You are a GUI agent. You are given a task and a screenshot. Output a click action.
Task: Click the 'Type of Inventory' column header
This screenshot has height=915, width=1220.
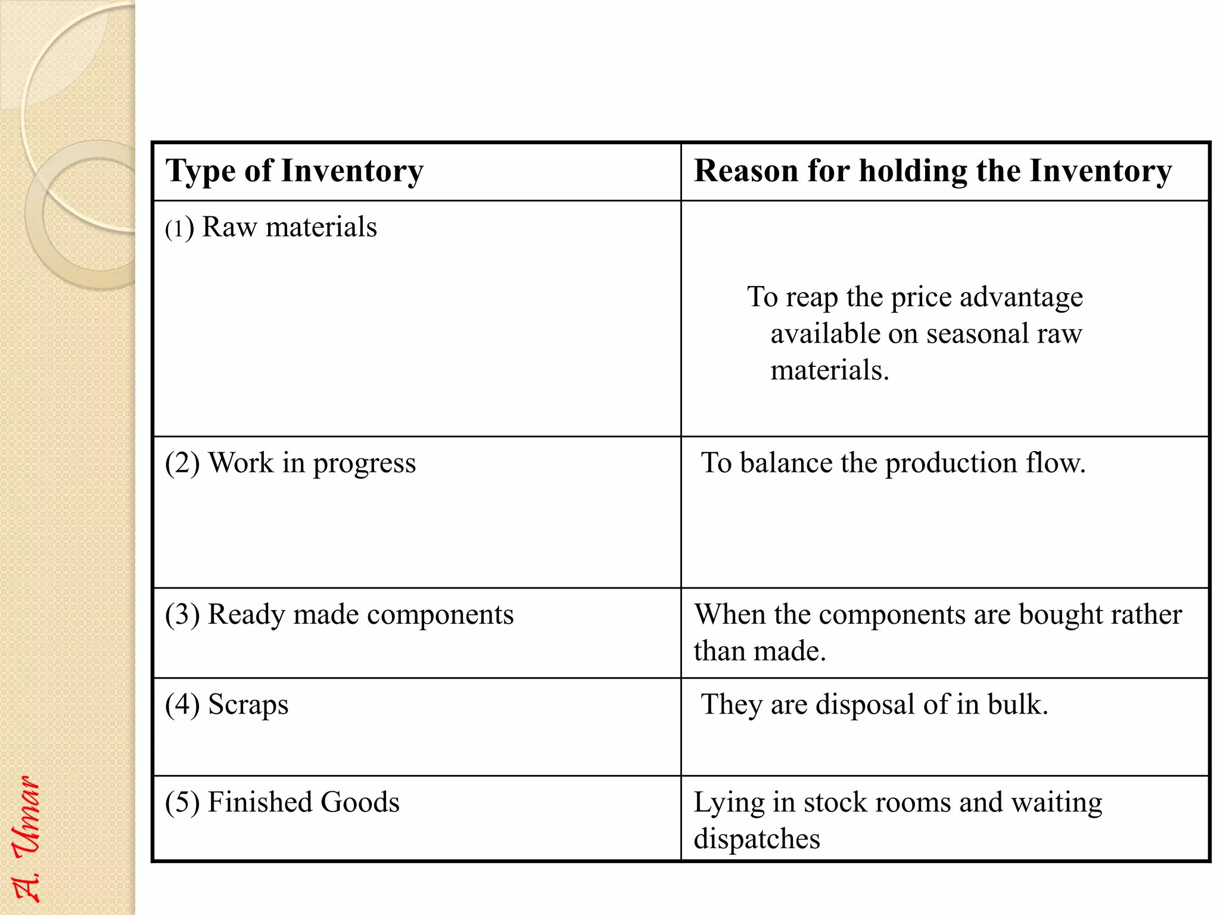click(294, 172)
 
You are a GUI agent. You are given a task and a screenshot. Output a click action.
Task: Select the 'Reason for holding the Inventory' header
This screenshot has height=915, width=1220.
click(933, 172)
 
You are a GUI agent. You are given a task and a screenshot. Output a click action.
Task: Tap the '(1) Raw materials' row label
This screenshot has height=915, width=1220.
click(271, 228)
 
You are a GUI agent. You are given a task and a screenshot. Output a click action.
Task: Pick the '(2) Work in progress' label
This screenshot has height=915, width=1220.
click(290, 463)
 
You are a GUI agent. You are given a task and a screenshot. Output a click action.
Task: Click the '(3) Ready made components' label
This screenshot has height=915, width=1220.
click(339, 615)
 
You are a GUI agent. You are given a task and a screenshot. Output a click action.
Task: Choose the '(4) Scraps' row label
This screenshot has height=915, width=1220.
click(227, 705)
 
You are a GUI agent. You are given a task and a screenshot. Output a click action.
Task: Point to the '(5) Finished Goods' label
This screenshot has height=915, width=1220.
click(282, 802)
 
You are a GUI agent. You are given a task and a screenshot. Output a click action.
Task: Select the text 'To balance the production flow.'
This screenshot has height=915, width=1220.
click(893, 463)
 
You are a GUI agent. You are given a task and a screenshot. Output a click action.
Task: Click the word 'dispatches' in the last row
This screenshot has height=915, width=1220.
click(757, 839)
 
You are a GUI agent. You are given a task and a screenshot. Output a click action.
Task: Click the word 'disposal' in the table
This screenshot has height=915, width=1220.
click(865, 705)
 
